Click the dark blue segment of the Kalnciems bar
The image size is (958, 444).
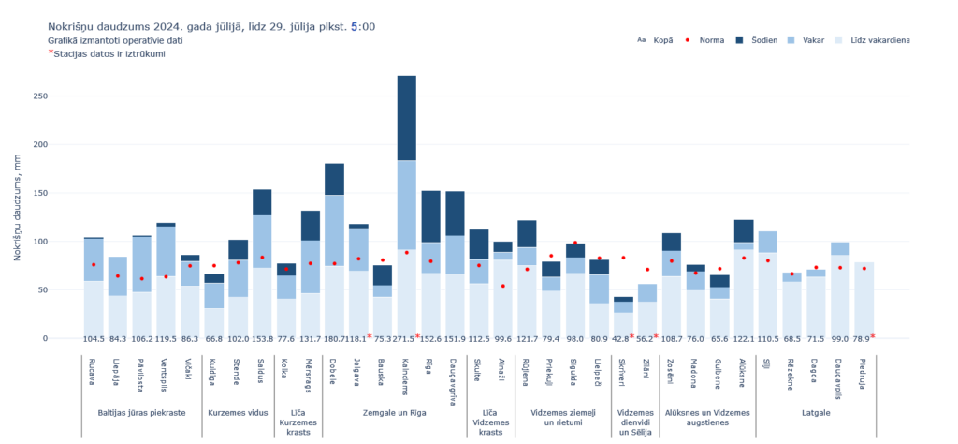coord(407,118)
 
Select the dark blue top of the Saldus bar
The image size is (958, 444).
coord(262,201)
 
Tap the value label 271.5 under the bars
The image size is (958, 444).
coord(407,338)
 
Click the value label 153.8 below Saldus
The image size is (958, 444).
coord(262,338)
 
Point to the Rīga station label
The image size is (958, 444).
coord(430,366)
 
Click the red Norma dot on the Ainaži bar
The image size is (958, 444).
coord(503,286)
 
